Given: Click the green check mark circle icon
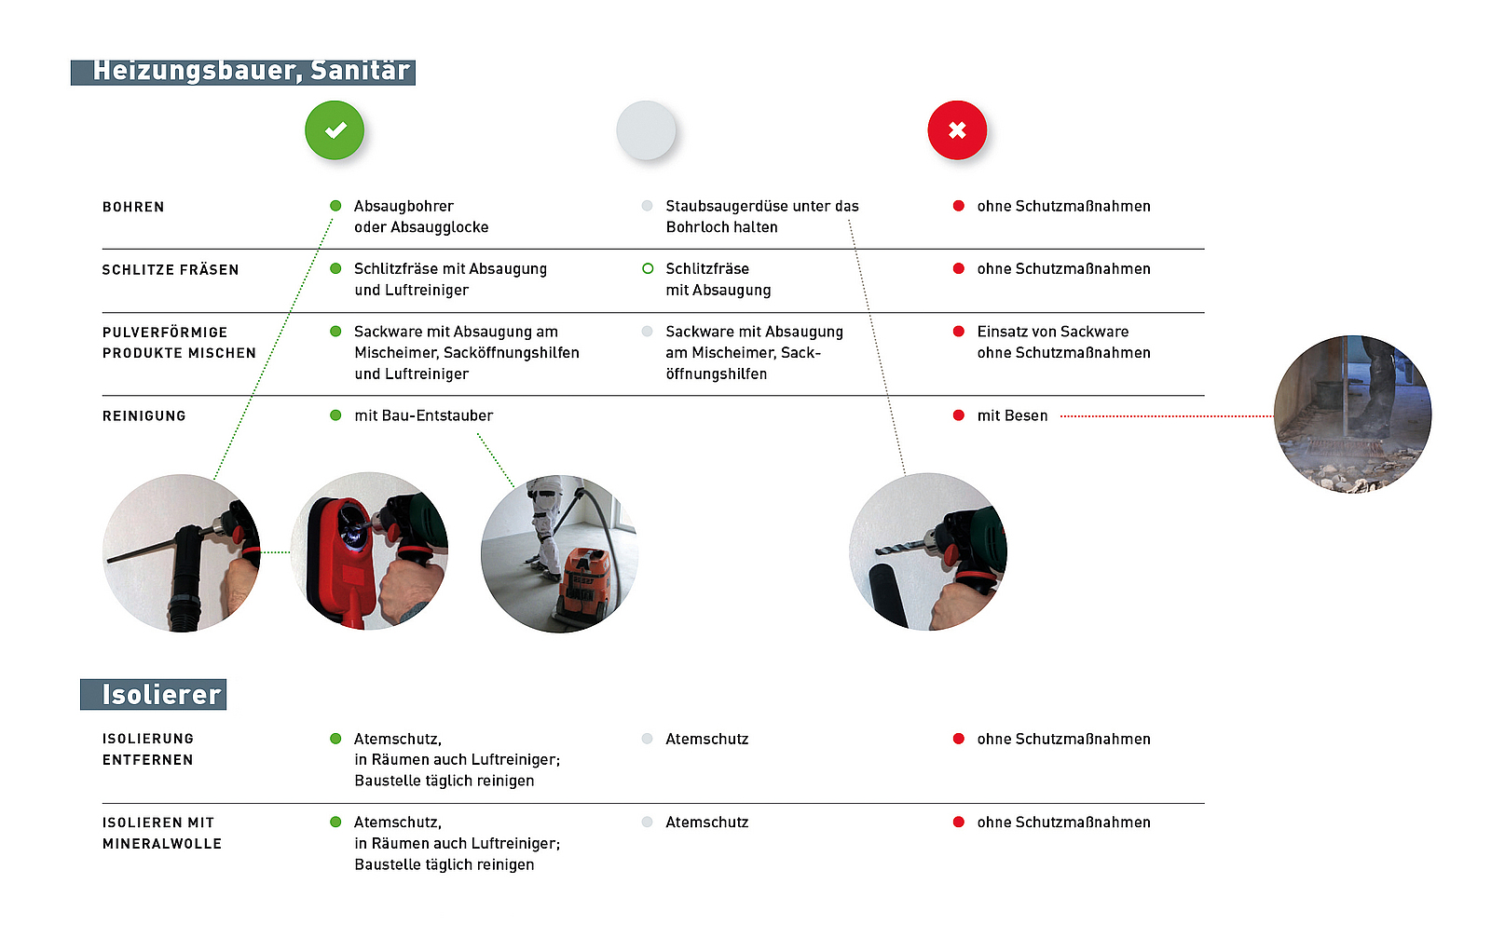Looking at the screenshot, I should (335, 130).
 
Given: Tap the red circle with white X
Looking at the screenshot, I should (957, 130).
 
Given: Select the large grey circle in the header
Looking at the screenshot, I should (646, 130).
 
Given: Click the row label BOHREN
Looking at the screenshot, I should (133, 207).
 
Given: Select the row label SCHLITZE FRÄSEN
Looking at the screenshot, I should (171, 270).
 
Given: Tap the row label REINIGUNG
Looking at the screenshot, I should (144, 416).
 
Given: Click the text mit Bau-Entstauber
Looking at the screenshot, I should (423, 416).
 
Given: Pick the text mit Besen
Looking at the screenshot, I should (1012, 416).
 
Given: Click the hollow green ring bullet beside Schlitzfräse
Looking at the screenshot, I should (648, 269).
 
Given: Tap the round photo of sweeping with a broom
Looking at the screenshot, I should (1352, 415).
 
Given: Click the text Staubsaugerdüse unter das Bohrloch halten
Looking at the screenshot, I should (761, 217).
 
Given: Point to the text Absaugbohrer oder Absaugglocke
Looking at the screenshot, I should (420, 217).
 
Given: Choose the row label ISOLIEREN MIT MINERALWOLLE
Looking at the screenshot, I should (162, 834).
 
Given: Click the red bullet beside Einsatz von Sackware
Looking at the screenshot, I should (958, 332).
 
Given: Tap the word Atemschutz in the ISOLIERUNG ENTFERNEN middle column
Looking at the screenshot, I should (706, 740).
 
